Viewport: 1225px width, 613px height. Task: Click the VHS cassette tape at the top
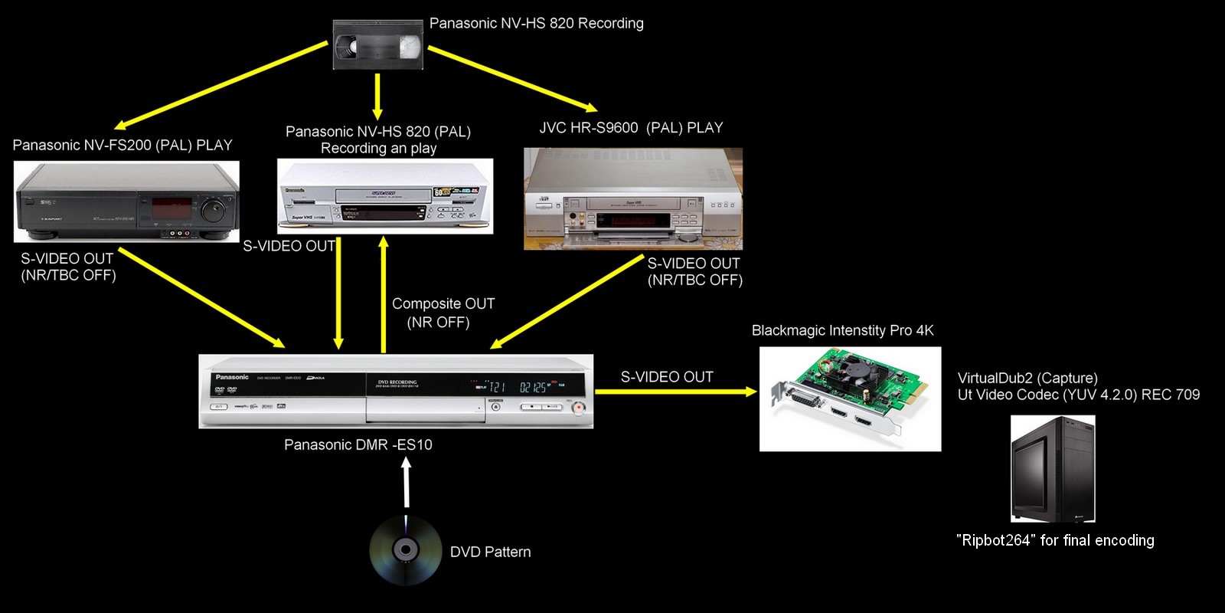378,45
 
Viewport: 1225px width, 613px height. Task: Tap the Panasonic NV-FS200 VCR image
126,202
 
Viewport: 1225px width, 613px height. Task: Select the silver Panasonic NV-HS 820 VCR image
385,196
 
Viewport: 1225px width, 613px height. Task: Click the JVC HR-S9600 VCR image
633,199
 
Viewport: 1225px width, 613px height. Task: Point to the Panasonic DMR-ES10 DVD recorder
396,392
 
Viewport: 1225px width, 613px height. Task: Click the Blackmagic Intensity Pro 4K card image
850,399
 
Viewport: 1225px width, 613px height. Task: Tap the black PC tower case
1053,469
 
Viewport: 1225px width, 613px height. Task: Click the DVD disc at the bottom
405,550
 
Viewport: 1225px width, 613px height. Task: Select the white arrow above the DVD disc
407,483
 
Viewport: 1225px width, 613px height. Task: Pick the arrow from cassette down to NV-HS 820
377,97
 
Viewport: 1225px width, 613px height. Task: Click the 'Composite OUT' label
443,304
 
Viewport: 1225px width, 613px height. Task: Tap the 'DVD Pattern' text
490,552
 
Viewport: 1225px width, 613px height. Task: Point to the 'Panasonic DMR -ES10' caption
358,444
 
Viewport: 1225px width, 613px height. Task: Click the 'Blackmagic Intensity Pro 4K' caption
842,330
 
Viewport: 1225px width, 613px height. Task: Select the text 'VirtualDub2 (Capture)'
1027,378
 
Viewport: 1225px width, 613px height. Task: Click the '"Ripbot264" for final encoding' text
1055,540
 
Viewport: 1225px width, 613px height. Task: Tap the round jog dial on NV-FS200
214,208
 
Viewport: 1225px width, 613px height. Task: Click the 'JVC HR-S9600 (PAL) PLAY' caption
631,128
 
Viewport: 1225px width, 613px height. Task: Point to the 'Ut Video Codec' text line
1078,395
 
